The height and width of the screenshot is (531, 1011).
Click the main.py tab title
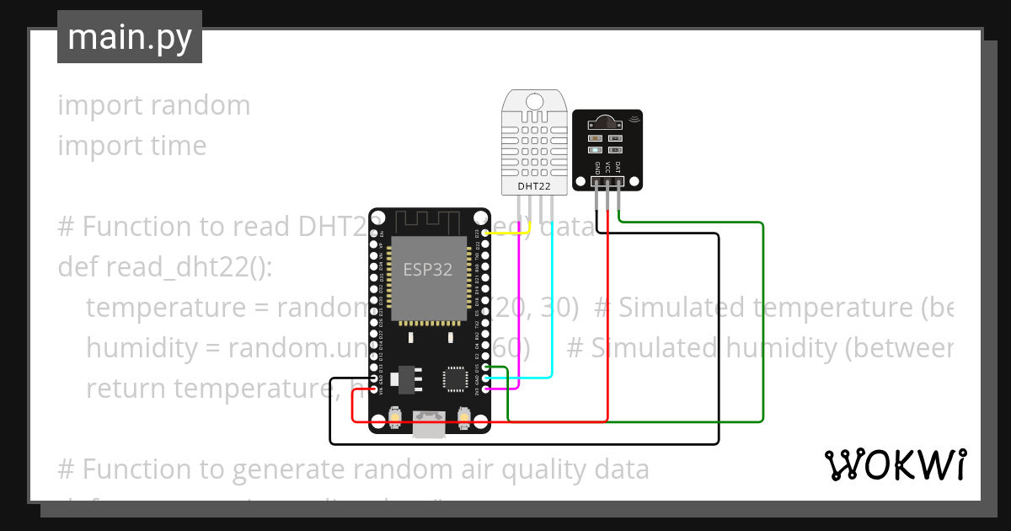click(129, 37)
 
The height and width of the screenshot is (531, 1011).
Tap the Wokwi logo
click(895, 465)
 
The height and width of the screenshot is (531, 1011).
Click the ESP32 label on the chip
click(427, 270)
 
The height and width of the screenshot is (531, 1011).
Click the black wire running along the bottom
click(522, 443)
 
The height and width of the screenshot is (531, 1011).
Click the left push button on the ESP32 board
click(395, 417)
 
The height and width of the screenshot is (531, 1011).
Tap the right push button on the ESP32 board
click(463, 417)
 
